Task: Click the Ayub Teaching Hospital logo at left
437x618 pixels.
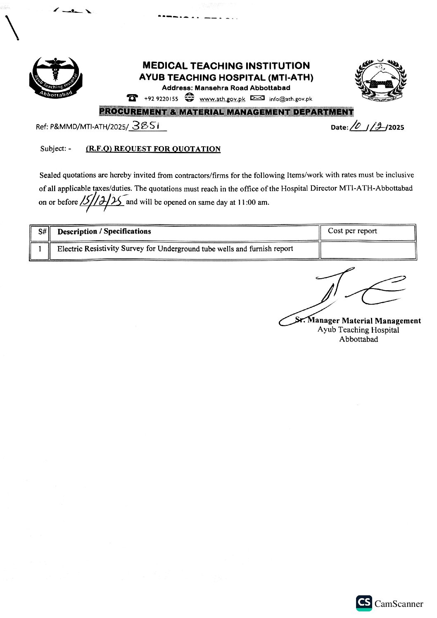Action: (x=56, y=78)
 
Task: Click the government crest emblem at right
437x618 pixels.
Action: (x=380, y=80)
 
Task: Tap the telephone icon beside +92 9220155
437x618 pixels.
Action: (x=133, y=98)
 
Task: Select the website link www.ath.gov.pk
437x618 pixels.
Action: (x=222, y=99)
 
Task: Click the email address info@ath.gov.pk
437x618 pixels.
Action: (x=290, y=99)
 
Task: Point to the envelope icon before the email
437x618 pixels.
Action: (x=257, y=98)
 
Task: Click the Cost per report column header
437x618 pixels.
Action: (x=352, y=231)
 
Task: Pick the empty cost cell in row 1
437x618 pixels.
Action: (x=368, y=250)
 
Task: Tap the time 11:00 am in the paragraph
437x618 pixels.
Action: (x=253, y=203)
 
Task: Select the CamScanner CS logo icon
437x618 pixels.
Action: (x=364, y=603)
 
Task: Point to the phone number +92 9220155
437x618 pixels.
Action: (x=161, y=99)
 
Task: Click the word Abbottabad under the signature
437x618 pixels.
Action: (x=359, y=339)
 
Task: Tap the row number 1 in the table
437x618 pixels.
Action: (x=40, y=249)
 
